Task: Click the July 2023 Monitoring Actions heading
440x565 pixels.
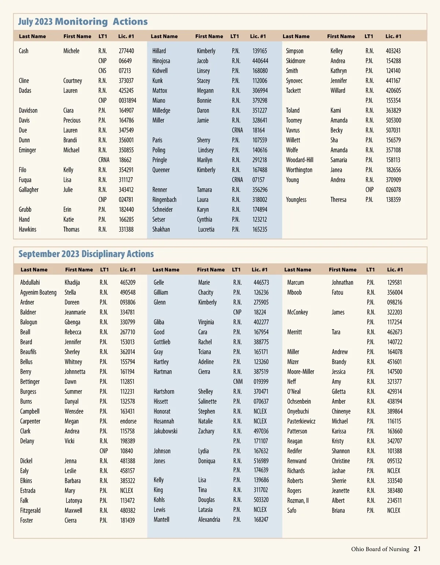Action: (x=83, y=22)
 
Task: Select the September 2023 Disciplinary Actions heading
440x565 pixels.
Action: (x=86, y=254)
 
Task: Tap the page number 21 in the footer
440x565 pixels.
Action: (x=417, y=549)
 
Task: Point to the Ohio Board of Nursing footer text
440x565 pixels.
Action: (x=380, y=549)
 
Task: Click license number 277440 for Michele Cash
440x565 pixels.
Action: (x=126, y=51)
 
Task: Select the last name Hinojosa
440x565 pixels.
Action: (x=161, y=61)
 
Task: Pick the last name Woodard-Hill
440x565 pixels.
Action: (x=300, y=160)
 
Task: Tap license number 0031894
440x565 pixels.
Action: (x=127, y=101)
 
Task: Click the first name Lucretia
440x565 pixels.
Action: (x=206, y=229)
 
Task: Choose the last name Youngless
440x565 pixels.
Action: (x=296, y=200)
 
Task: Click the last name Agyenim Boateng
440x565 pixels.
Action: (x=38, y=292)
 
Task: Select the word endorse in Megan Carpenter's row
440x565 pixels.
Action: (x=128, y=421)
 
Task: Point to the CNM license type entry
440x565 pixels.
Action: (x=238, y=382)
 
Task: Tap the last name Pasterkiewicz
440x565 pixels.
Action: (x=301, y=421)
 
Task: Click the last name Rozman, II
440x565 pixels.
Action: (x=298, y=500)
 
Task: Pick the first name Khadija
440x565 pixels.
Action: (x=72, y=282)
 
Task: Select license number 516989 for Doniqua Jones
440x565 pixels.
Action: (x=261, y=461)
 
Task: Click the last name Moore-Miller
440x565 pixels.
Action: (x=301, y=372)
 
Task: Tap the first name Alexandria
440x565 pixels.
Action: (x=209, y=520)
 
